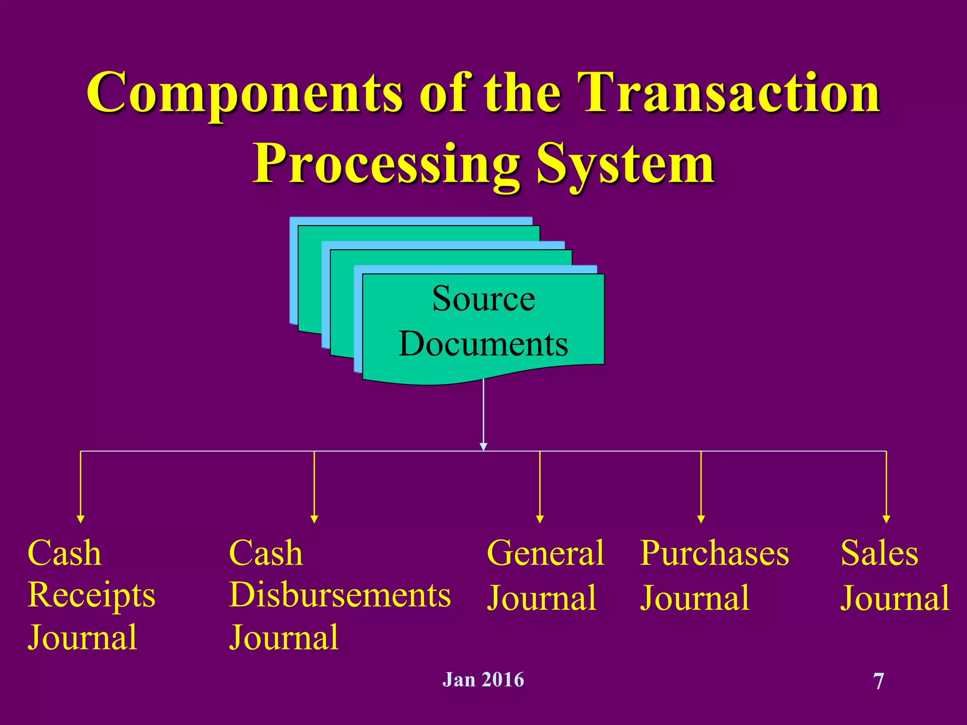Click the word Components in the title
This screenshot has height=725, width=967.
(x=245, y=93)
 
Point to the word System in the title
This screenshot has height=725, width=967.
(x=625, y=164)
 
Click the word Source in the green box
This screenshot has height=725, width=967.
(x=483, y=299)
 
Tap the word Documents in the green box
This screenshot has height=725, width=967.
(x=483, y=344)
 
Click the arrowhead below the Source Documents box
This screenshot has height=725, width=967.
(x=483, y=446)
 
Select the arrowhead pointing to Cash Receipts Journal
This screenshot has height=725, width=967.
(x=81, y=519)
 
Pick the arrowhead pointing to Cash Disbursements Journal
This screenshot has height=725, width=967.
(x=314, y=519)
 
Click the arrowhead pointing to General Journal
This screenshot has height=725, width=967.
(x=540, y=519)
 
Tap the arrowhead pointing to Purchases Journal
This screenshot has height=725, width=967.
(x=701, y=519)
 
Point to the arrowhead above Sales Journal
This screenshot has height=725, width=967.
(x=886, y=519)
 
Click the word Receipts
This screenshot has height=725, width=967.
(x=91, y=596)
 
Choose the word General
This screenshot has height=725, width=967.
(x=545, y=553)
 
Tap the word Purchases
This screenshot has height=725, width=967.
(x=714, y=553)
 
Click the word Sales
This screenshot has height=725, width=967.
(x=880, y=553)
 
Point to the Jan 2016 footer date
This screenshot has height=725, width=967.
(x=483, y=680)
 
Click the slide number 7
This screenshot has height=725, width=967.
(x=879, y=682)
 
